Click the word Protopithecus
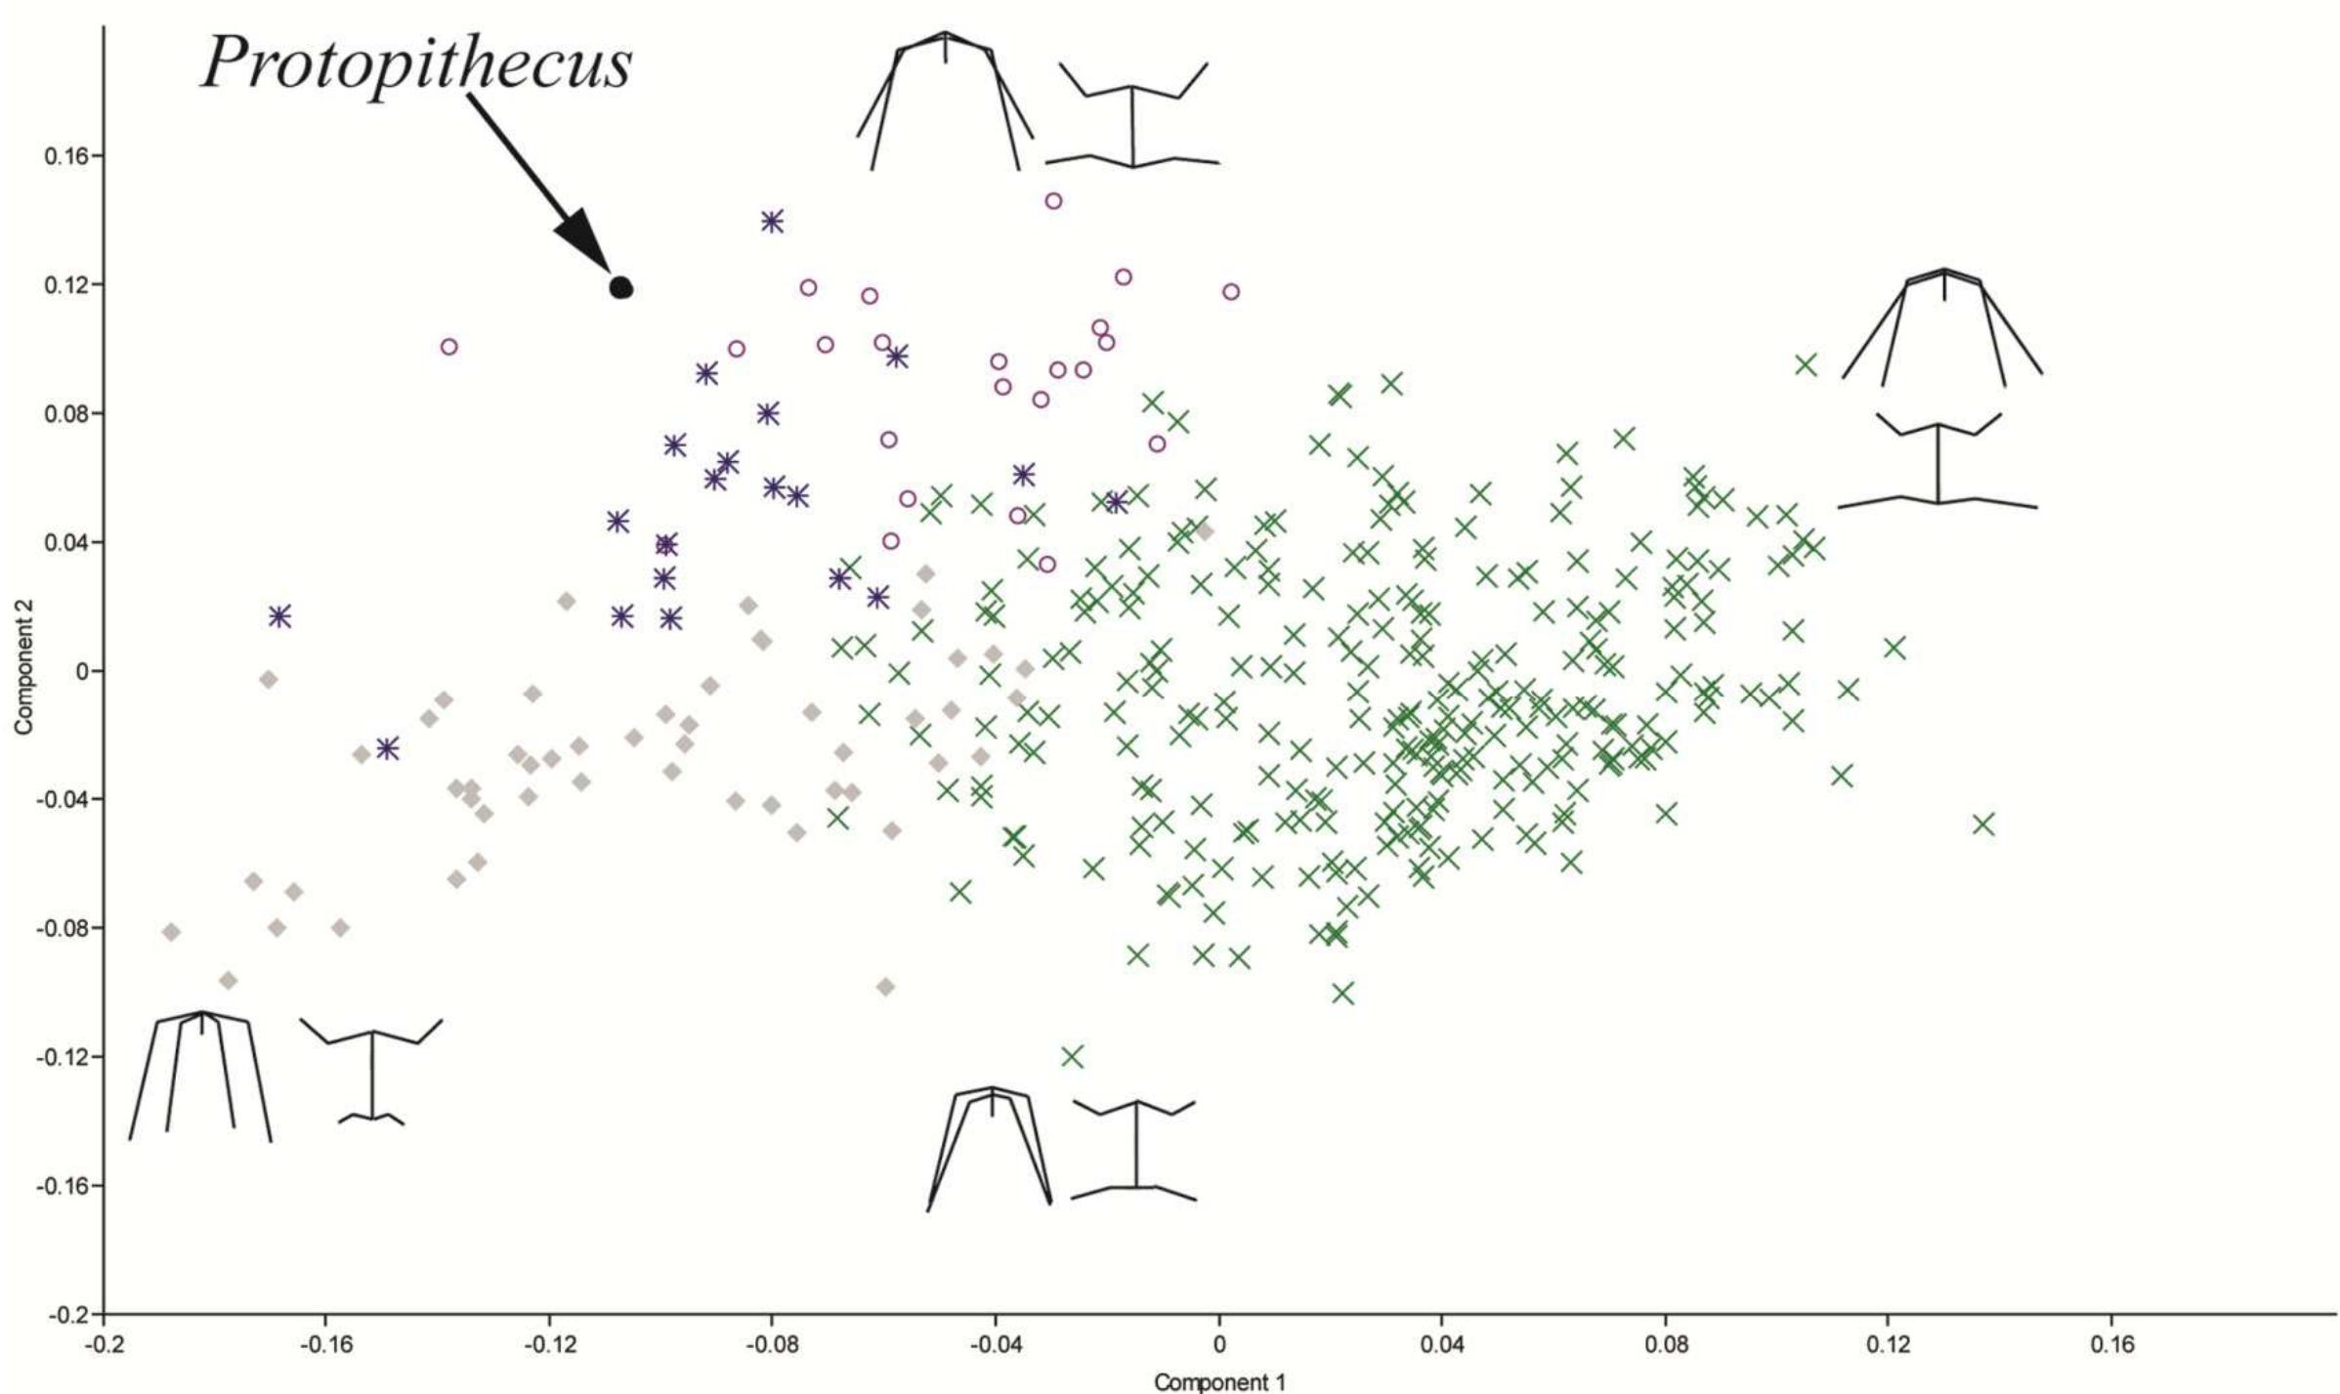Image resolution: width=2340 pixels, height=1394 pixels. [417, 65]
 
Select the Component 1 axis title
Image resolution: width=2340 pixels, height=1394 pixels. [1219, 1381]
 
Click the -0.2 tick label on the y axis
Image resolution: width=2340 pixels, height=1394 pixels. [64, 1314]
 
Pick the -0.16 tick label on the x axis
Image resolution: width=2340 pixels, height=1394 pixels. [325, 1344]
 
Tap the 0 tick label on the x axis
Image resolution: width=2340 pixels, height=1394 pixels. [1218, 1344]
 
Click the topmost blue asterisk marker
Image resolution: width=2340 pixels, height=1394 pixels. [772, 222]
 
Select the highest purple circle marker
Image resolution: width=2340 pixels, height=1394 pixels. [1053, 201]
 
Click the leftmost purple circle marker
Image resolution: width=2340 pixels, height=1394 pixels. [448, 347]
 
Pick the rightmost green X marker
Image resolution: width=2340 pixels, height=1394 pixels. [1982, 824]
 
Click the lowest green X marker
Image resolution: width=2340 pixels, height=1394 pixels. [1073, 1056]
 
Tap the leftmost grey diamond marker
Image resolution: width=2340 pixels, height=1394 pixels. [171, 932]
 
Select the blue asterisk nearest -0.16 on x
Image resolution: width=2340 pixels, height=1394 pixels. [279, 616]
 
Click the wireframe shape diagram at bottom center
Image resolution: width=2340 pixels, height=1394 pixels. [1061, 1148]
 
